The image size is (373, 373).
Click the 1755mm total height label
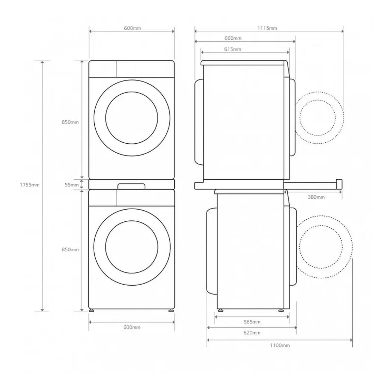coord(29,184)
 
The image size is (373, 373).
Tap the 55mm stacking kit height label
coord(71,184)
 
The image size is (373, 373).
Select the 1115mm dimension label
coord(267,28)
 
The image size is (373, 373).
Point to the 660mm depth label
coord(233,38)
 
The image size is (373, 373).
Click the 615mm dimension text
coord(233,49)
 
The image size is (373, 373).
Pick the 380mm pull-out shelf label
coord(316,197)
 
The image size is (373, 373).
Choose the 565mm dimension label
coord(252,322)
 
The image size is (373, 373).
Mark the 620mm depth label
coord(252,333)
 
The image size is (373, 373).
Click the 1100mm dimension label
coord(280,345)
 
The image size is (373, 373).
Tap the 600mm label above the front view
coord(132,28)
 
